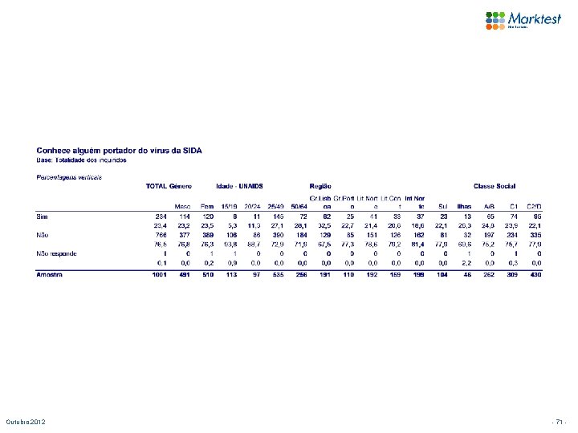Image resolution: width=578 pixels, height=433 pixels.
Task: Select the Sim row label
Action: pos(43,216)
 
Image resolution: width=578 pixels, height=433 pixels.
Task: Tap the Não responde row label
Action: pos(57,253)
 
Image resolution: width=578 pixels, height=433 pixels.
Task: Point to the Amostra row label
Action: pos(51,275)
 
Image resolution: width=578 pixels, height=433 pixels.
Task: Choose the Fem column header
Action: pos(206,206)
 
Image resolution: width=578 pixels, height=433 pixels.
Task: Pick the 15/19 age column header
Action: pos(230,206)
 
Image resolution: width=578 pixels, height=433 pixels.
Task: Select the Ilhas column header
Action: pos(465,206)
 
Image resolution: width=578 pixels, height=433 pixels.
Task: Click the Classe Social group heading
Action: pos(495,187)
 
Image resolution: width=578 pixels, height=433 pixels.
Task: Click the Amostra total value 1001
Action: pos(160,275)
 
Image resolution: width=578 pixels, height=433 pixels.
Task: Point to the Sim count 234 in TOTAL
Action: pos(161,216)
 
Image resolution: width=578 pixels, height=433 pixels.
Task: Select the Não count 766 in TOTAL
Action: pos(161,235)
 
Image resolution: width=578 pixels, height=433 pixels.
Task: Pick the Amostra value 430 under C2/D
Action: pos(535,275)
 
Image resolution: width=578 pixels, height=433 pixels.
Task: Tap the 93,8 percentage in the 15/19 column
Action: pos(230,244)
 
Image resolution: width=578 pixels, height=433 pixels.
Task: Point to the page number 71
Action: pos(560,422)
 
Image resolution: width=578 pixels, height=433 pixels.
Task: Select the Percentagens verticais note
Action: pos(69,176)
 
